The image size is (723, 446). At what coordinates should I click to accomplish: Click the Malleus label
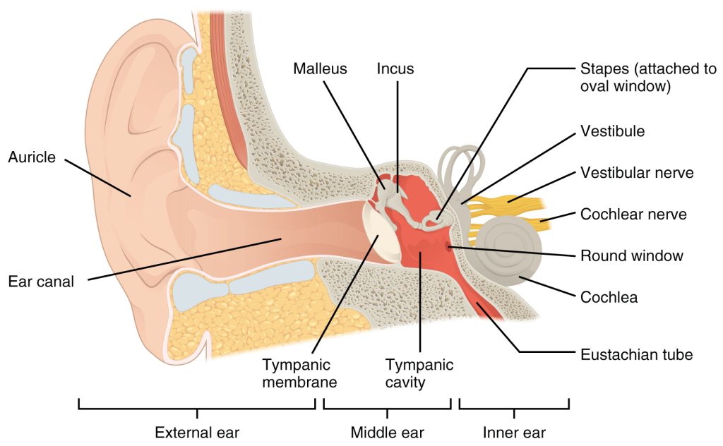point(321,69)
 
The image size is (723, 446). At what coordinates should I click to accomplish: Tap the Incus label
point(395,69)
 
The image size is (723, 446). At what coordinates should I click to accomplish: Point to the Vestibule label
point(612,131)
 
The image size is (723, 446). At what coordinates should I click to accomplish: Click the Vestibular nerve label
point(637,172)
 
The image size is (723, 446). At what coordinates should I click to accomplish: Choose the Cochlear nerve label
point(633,214)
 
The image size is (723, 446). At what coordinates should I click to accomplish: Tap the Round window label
point(631,255)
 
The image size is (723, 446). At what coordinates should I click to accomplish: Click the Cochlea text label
point(609,297)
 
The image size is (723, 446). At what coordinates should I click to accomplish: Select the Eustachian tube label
point(636,354)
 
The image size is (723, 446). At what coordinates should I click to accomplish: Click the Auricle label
point(32,157)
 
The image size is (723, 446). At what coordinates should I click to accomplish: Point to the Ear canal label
point(41,282)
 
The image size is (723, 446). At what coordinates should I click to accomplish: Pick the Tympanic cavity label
point(419,373)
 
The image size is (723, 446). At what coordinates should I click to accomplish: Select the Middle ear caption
point(388,431)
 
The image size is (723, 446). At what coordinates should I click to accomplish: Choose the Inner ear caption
point(514,431)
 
